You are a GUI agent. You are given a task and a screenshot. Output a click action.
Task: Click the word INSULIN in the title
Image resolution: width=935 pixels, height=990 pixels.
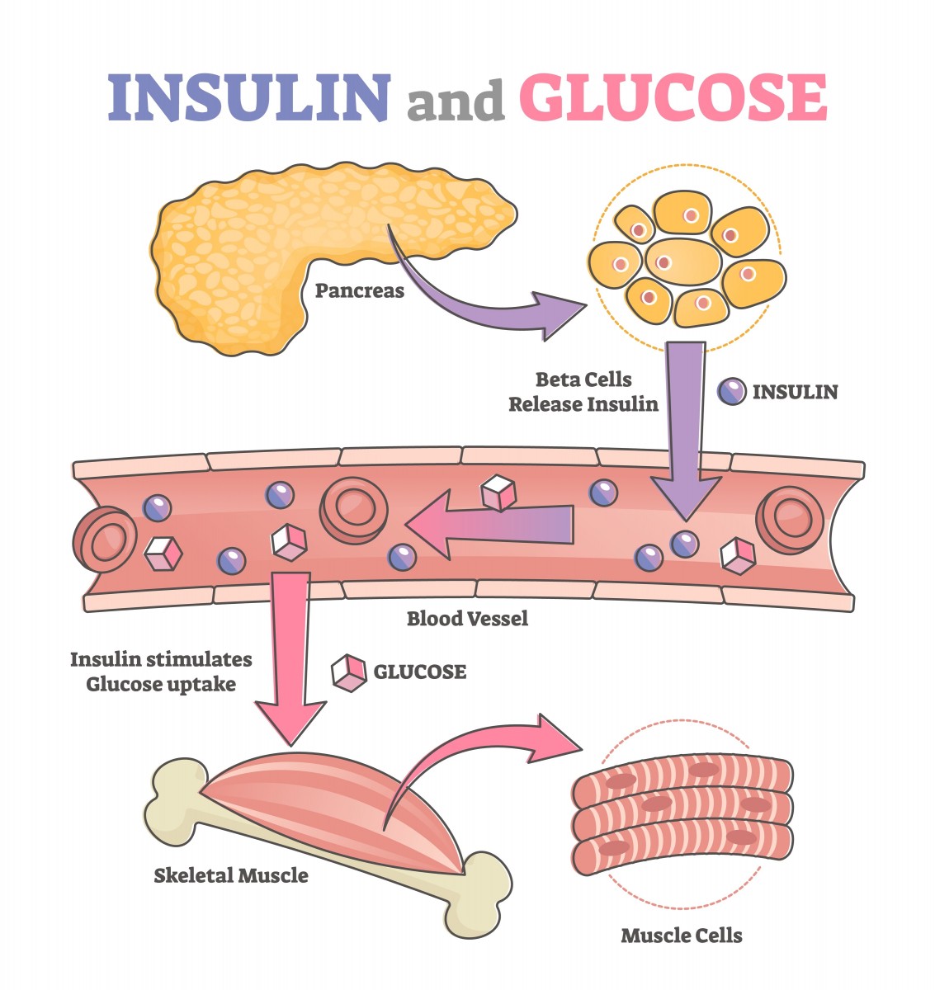coord(248,97)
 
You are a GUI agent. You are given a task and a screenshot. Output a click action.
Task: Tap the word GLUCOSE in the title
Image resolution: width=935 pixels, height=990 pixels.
coord(673,97)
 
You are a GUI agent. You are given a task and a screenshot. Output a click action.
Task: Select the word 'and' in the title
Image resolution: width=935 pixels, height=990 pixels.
coord(455,101)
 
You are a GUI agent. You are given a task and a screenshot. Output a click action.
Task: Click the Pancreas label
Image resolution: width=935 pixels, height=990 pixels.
coord(360,290)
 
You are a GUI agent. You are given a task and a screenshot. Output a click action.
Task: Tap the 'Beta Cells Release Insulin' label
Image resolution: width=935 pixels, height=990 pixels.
coord(583,392)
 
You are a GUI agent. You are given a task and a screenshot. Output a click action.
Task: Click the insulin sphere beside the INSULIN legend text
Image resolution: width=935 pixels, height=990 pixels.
coord(731,391)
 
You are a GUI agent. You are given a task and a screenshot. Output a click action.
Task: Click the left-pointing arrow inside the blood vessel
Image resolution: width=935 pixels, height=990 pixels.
coord(495,525)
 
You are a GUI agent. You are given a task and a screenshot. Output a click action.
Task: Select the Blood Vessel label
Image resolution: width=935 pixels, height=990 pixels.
coord(467,618)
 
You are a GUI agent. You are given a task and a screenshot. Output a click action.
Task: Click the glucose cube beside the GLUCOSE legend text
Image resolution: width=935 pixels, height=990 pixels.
coord(348,672)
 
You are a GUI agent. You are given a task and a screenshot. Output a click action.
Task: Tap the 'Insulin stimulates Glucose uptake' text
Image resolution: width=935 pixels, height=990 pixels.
coord(161,672)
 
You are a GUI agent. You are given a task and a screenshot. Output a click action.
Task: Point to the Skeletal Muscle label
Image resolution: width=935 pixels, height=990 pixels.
coord(231,875)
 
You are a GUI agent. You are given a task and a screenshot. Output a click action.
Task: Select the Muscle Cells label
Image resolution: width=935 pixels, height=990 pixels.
coord(682,936)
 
